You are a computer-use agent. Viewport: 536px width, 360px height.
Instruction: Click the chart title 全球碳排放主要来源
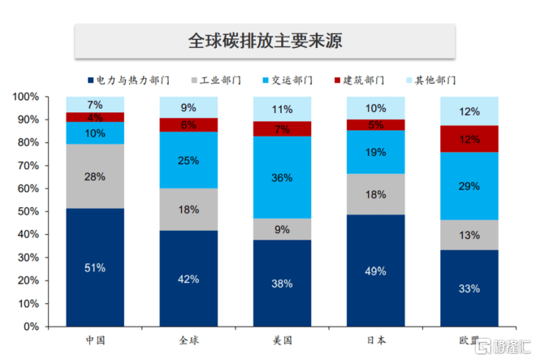(263, 40)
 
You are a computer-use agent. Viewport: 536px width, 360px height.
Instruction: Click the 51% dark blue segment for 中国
(96, 267)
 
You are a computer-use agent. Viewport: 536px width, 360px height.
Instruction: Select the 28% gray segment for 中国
(96, 176)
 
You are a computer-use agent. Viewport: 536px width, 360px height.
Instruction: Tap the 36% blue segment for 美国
(282, 177)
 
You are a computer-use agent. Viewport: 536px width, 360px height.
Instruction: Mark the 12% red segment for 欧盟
(469, 139)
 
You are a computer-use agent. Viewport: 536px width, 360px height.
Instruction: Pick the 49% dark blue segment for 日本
(375, 271)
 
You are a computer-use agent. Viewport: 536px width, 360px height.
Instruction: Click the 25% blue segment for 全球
(188, 160)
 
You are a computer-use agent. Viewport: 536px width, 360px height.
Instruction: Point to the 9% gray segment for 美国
(282, 229)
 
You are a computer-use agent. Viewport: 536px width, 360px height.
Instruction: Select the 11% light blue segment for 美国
(282, 109)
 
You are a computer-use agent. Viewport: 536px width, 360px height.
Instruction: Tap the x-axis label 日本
(375, 340)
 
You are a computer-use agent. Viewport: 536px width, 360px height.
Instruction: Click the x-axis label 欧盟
(469, 340)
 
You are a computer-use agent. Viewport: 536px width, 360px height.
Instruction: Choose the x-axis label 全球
(188, 340)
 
